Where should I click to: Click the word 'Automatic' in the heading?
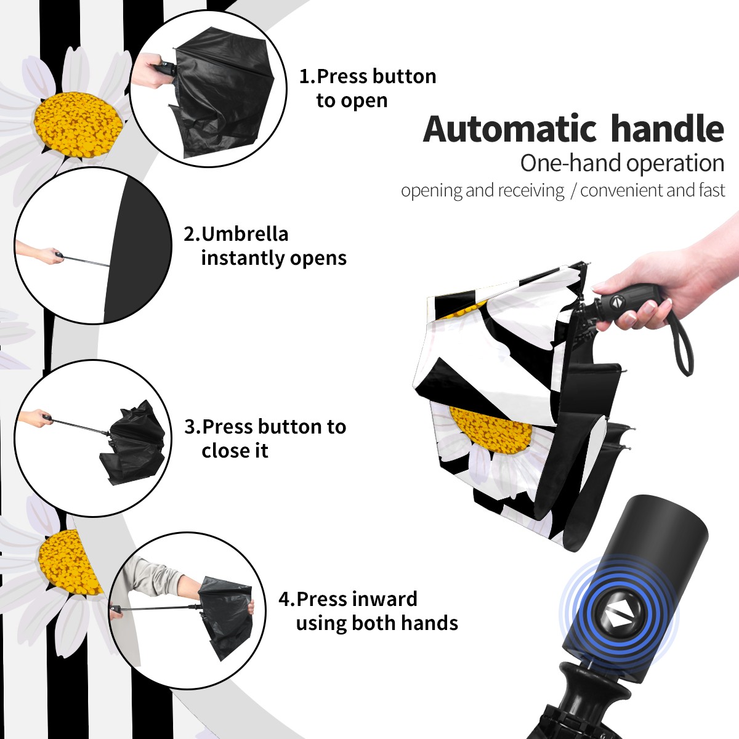click(510, 129)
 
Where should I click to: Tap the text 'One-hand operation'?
click(623, 163)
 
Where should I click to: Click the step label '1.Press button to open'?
click(368, 89)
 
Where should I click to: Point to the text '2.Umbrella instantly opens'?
click(265, 246)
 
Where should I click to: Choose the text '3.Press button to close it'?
click(265, 438)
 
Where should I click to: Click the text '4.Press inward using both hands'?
click(368, 611)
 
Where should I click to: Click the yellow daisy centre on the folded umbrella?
click(491, 429)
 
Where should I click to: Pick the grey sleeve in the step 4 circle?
click(153, 575)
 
